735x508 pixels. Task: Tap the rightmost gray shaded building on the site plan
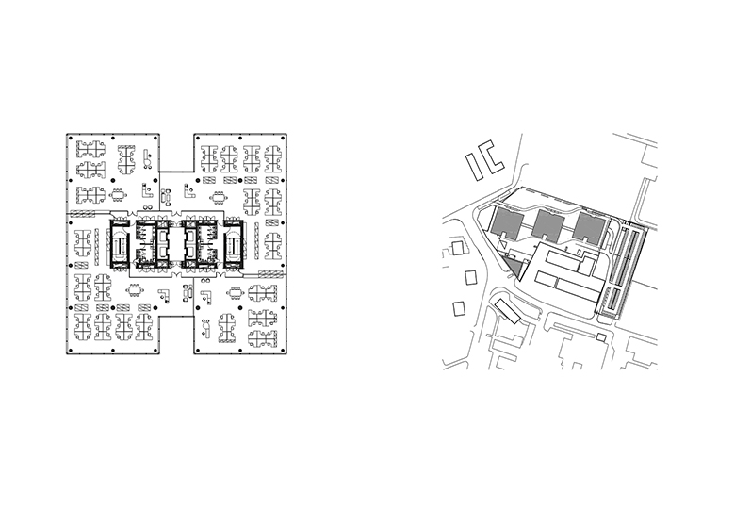pos(589,227)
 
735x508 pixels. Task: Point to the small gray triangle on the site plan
pos(513,266)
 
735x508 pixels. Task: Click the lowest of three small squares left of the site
pos(460,308)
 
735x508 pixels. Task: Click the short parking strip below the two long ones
pos(612,302)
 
